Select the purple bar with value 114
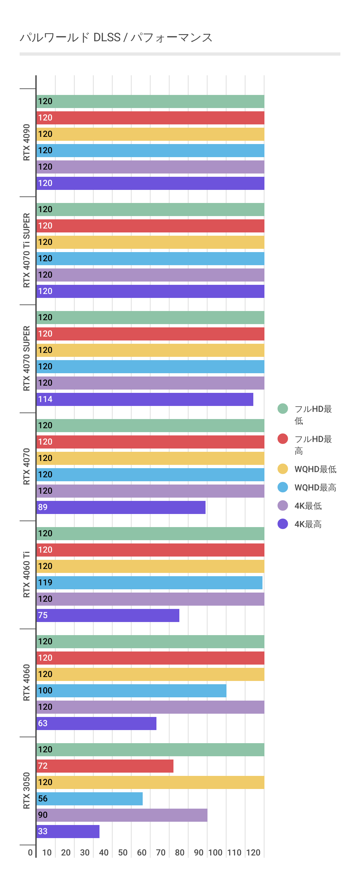[x=145, y=399]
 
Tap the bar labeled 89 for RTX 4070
[x=121, y=507]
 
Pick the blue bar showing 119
[x=149, y=582]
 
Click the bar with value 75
[x=108, y=615]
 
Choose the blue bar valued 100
[x=131, y=690]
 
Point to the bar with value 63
[x=96, y=723]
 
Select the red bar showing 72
[x=105, y=765]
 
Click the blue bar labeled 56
[x=89, y=798]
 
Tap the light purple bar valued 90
[x=122, y=815]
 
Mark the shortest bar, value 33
[x=68, y=831]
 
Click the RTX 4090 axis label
[x=26, y=142]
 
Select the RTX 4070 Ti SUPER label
[x=26, y=250]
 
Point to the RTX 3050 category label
[x=26, y=790]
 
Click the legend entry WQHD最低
[x=315, y=469]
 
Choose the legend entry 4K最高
[x=308, y=524]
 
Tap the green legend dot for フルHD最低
[x=282, y=409]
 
